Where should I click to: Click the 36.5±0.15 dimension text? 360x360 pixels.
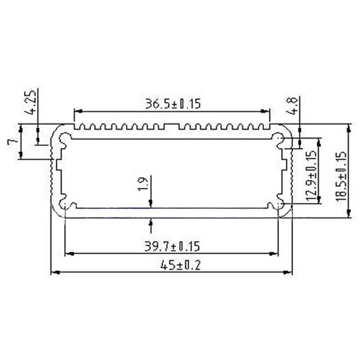pos(172,103)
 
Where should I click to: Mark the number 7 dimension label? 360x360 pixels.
pos(11,142)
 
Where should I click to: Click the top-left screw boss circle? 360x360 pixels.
pos(65,139)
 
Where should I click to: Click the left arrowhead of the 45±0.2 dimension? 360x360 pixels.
pos(53,273)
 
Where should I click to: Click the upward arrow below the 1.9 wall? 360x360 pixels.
pos(151,223)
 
